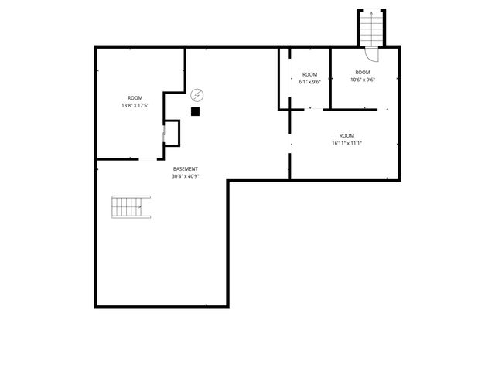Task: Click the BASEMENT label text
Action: (186, 169)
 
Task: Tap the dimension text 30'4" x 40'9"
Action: (186, 176)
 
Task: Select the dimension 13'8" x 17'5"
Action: (135, 105)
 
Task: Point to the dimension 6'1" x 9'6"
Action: (309, 82)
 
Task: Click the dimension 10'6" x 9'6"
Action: (362, 80)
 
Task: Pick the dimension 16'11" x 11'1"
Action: (346, 142)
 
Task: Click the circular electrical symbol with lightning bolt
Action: (197, 95)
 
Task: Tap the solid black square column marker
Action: (195, 111)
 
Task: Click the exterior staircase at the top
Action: (371, 29)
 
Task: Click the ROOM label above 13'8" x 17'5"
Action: (135, 97)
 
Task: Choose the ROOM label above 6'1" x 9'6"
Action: (309, 75)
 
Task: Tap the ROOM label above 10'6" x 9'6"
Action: (362, 73)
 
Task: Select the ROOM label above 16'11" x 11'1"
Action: (346, 135)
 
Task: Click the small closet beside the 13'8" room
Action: (172, 133)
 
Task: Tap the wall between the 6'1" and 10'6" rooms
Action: (331, 77)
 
